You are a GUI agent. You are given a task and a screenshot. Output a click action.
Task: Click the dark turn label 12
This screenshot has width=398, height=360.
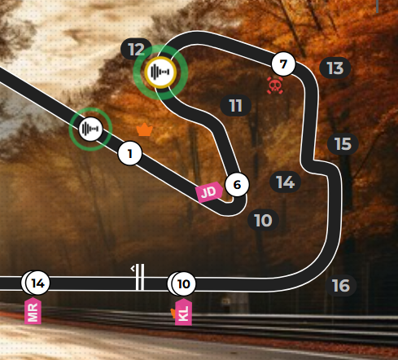tap(136, 49)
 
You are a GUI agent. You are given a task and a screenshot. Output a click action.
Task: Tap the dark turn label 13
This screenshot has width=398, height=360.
tap(335, 68)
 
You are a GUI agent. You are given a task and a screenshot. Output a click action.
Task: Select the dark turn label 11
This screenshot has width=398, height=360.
tap(235, 105)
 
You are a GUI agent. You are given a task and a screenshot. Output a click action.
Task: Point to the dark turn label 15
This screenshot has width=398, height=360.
tap(343, 144)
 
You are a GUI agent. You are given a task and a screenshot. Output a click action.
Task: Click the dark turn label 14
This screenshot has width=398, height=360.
tap(286, 182)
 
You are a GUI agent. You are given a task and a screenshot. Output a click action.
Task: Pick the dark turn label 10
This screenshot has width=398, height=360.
tap(263, 220)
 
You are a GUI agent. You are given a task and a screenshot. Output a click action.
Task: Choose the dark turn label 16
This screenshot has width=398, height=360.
tap(341, 285)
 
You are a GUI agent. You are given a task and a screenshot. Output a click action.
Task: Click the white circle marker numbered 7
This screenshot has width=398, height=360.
tap(283, 64)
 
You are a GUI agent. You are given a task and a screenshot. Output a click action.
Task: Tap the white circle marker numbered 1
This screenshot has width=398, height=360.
tap(130, 153)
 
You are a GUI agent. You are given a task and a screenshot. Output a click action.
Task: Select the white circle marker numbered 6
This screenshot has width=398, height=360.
tap(237, 185)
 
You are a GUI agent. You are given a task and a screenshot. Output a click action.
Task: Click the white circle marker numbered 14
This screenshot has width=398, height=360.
tap(37, 283)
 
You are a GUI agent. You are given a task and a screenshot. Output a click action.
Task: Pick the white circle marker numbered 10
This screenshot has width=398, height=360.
tap(183, 283)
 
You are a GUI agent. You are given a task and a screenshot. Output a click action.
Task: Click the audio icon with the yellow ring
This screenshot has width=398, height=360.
tap(160, 72)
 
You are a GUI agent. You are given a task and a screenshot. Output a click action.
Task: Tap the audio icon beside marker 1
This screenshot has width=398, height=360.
tap(90, 129)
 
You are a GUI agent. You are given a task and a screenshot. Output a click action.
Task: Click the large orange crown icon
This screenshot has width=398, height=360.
tap(145, 130)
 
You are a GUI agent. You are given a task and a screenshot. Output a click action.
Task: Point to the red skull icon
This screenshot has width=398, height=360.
tap(275, 86)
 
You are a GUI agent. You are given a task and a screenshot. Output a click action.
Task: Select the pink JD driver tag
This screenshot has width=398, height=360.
tap(209, 192)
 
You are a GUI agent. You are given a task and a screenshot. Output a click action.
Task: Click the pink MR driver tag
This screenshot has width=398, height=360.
tap(33, 311)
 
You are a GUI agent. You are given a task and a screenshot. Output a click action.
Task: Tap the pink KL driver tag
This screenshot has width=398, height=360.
tap(183, 312)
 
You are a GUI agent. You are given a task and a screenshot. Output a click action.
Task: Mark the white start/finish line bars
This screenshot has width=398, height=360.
tap(140, 277)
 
